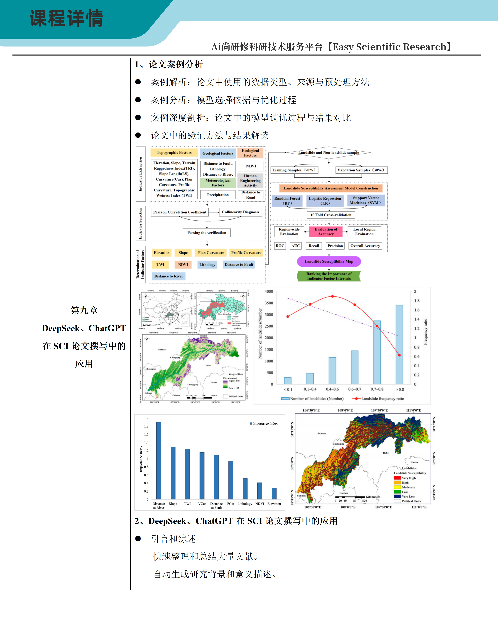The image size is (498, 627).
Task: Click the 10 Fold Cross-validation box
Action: pyautogui.click(x=331, y=215)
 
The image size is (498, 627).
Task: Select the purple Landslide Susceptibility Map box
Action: pyautogui.click(x=329, y=261)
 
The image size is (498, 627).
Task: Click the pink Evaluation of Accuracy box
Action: pyautogui.click(x=326, y=232)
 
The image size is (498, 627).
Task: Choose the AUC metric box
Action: pyautogui.click(x=295, y=246)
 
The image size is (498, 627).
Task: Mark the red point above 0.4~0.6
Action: pyautogui.click(x=332, y=296)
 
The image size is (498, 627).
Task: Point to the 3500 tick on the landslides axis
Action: pyautogui.click(x=269, y=303)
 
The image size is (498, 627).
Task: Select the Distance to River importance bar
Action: pyautogui.click(x=159, y=461)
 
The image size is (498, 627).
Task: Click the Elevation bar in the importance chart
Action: pyautogui.click(x=274, y=494)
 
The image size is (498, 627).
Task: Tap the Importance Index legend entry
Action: pyautogui.click(x=264, y=423)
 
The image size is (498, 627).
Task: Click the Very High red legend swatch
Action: pyautogui.click(x=397, y=478)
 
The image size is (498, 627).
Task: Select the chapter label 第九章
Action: pyautogui.click(x=84, y=310)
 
